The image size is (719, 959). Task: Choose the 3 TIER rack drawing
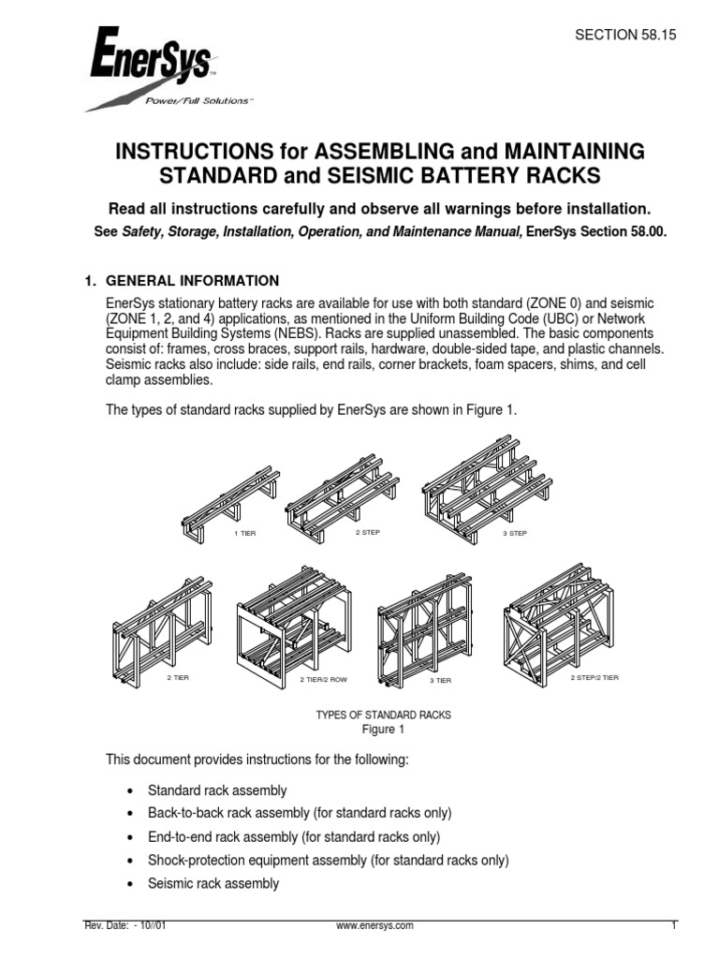click(x=424, y=623)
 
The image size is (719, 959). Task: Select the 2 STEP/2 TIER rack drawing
click(x=558, y=624)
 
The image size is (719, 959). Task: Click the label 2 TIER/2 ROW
click(x=322, y=679)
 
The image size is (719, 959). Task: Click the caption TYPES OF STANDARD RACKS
click(x=383, y=715)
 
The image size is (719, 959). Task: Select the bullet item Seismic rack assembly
click(x=213, y=883)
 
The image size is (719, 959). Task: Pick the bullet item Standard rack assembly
click(x=217, y=790)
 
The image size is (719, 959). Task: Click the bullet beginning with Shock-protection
click(x=328, y=860)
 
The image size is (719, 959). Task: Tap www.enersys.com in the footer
click(x=374, y=926)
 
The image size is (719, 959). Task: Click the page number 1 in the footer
click(x=673, y=926)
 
